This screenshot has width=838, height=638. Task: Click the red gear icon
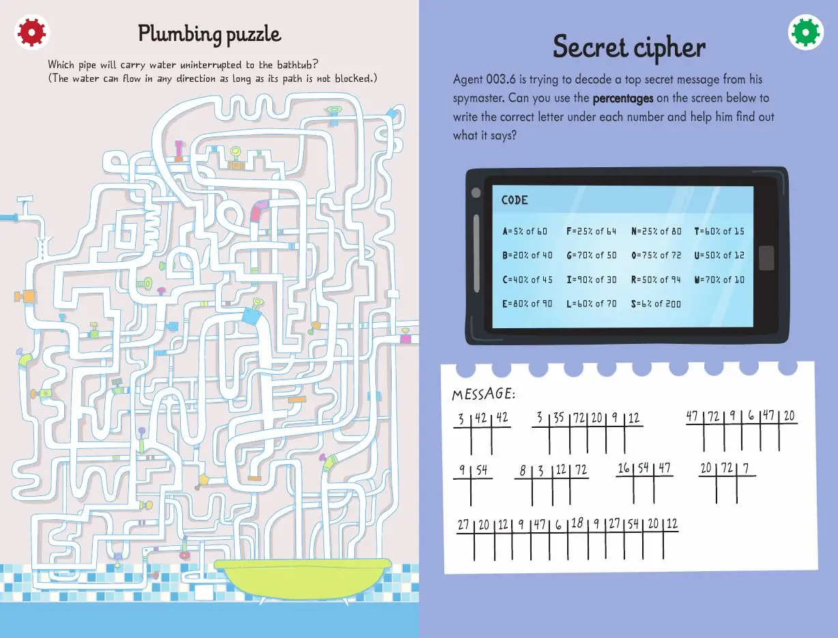click(x=31, y=31)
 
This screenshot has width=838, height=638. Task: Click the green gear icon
click(x=806, y=32)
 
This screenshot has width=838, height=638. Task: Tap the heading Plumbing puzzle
click(x=209, y=33)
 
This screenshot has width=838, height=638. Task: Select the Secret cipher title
click(x=628, y=47)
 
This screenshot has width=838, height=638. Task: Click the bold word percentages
click(x=623, y=98)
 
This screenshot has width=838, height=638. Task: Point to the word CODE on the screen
click(x=515, y=200)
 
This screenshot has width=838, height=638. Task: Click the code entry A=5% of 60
click(x=525, y=231)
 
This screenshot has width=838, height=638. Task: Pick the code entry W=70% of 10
click(x=719, y=280)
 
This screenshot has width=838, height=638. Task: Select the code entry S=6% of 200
click(x=656, y=304)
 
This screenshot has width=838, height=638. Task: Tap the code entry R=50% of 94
click(x=656, y=280)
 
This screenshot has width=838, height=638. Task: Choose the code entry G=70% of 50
click(x=591, y=255)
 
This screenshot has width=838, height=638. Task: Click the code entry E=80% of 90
click(x=528, y=304)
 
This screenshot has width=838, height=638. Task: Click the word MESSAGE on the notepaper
click(x=483, y=394)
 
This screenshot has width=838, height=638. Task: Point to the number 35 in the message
click(x=558, y=418)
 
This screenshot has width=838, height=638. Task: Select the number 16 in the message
click(x=624, y=468)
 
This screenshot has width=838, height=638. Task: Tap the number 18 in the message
click(x=577, y=523)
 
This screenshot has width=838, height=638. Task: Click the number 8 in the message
click(x=523, y=470)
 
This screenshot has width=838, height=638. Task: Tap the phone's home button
click(x=767, y=257)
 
